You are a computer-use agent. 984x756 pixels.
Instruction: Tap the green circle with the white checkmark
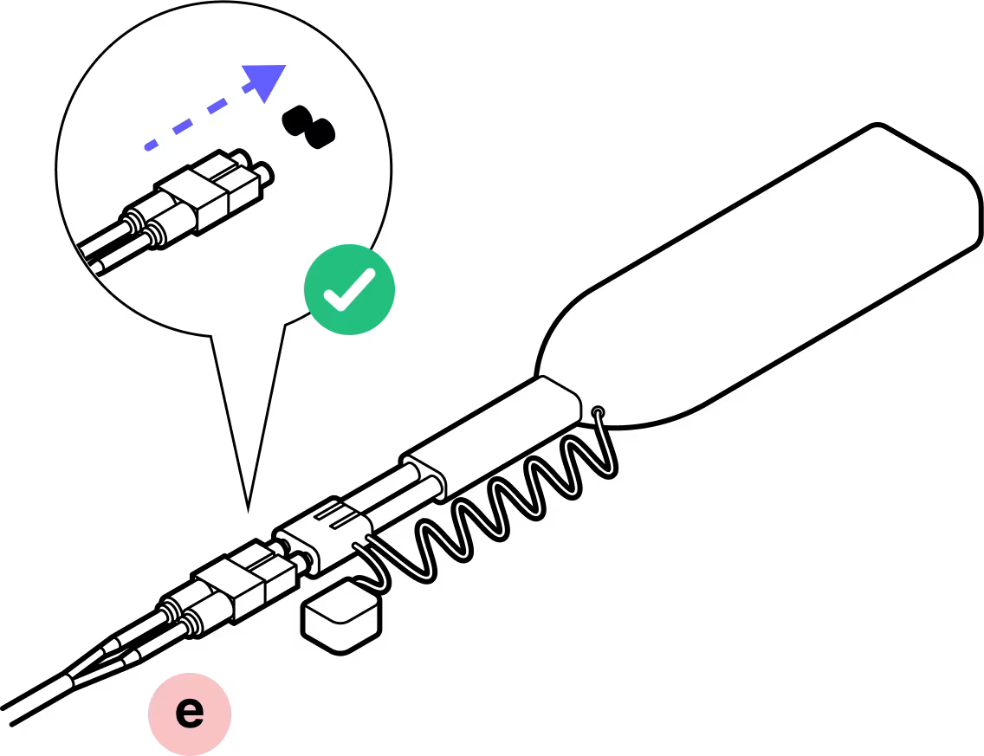(x=349, y=289)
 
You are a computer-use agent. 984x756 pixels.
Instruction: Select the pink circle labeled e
(x=190, y=713)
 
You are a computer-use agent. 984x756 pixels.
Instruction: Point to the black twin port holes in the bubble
(x=309, y=126)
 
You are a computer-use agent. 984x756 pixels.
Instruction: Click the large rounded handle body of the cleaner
(x=762, y=286)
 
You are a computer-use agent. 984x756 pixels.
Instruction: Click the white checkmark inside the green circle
(x=348, y=290)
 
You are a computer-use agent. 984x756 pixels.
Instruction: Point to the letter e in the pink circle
(x=190, y=713)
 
